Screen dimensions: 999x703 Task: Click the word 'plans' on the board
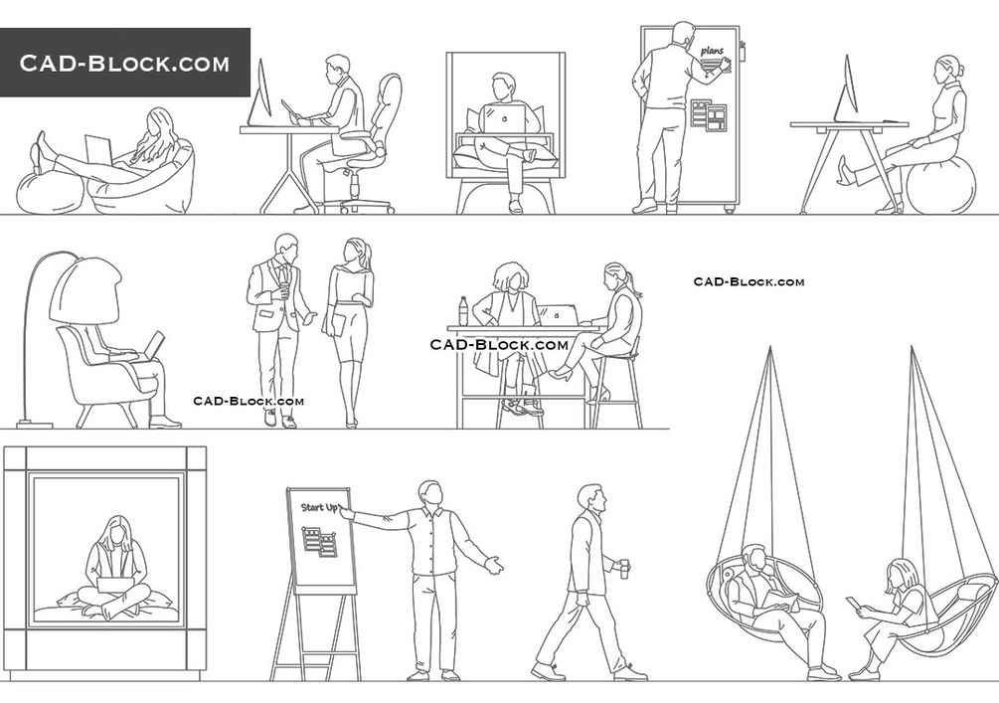[712, 50]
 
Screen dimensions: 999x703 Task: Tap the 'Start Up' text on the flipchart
[320, 507]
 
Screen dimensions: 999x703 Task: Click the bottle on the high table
[464, 311]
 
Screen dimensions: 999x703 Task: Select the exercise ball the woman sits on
[940, 185]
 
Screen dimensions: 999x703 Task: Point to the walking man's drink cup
[625, 568]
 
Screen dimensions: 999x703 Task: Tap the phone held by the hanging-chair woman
[851, 603]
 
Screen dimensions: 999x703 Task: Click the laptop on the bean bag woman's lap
[98, 150]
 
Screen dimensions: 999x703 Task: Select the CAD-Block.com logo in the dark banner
[124, 63]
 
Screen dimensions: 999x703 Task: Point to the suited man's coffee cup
[284, 289]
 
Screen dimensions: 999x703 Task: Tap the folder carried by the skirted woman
[337, 323]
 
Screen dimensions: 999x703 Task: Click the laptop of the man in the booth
[504, 119]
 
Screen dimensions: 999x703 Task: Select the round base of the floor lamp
[35, 423]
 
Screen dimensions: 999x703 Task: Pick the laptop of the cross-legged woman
[114, 587]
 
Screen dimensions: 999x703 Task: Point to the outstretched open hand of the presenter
[494, 565]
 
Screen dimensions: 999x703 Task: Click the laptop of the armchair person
[152, 345]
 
